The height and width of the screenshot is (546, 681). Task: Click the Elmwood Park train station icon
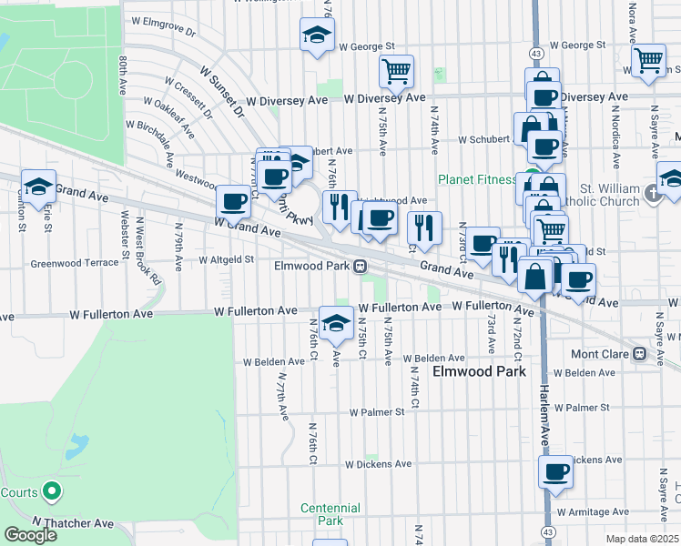click(x=361, y=267)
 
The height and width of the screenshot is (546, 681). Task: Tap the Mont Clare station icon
click(x=639, y=354)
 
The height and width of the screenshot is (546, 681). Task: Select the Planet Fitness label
click(x=476, y=179)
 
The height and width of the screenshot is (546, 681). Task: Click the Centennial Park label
click(x=323, y=513)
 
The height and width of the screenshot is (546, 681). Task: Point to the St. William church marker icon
click(x=652, y=193)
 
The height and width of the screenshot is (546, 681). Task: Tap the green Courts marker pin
click(x=52, y=493)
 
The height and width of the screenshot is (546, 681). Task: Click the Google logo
click(x=30, y=535)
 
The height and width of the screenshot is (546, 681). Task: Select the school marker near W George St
click(x=316, y=35)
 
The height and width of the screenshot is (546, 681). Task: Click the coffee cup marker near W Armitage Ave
click(x=555, y=471)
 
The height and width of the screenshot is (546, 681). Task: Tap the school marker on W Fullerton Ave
click(x=336, y=321)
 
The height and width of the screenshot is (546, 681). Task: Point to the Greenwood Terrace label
click(x=75, y=263)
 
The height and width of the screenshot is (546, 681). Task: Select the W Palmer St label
click(x=378, y=411)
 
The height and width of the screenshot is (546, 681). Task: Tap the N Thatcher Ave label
click(x=73, y=523)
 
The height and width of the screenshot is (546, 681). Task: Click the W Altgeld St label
click(x=225, y=259)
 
